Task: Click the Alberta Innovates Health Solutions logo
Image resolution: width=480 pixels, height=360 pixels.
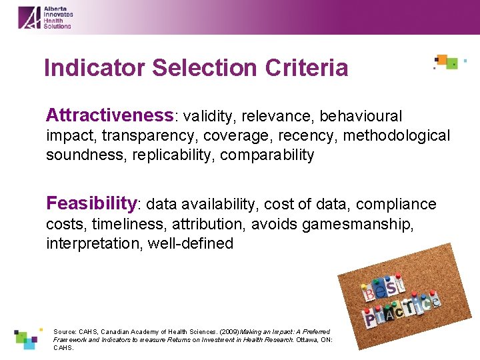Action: point(45,17)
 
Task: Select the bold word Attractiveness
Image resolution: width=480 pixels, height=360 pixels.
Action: point(109,115)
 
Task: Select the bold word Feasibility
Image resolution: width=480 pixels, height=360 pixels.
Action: point(91,203)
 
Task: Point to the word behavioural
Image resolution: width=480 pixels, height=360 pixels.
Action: point(361,117)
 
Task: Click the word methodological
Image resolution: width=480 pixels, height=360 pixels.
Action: point(395,136)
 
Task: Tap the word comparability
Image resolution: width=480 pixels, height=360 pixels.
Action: point(267,155)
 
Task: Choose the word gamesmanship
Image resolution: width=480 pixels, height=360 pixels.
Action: point(357,224)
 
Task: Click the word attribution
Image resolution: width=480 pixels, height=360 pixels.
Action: point(201,224)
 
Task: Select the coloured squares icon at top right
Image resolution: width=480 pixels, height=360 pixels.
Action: point(447,62)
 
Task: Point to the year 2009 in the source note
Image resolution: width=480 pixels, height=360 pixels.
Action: point(229,331)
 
